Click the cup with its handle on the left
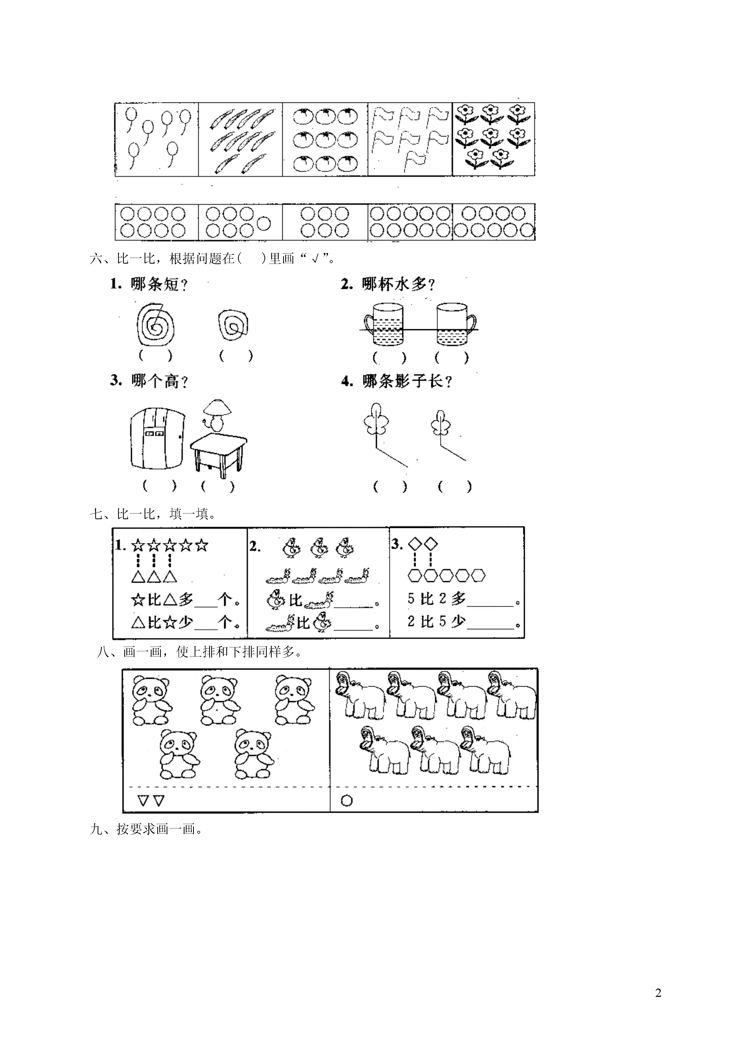(384, 324)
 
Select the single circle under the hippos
(347, 800)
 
